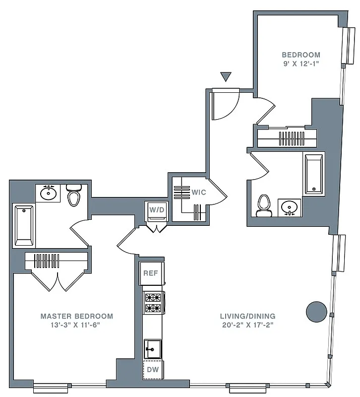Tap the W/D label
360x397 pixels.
[157, 210]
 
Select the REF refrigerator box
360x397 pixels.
[151, 273]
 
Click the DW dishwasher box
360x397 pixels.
[153, 370]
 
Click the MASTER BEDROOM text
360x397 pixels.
[76, 316]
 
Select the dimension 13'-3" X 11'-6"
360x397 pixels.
[76, 326]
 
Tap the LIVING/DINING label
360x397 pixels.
[248, 316]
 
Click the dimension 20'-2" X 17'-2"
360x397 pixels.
[248, 326]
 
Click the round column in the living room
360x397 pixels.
[316, 312]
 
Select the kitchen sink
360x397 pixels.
[153, 349]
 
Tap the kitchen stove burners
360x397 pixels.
[153, 303]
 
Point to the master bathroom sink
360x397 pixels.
[48, 193]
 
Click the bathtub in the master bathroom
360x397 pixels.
[23, 226]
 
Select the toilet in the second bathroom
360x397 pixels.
[264, 205]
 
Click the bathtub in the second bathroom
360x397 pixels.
[313, 174]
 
